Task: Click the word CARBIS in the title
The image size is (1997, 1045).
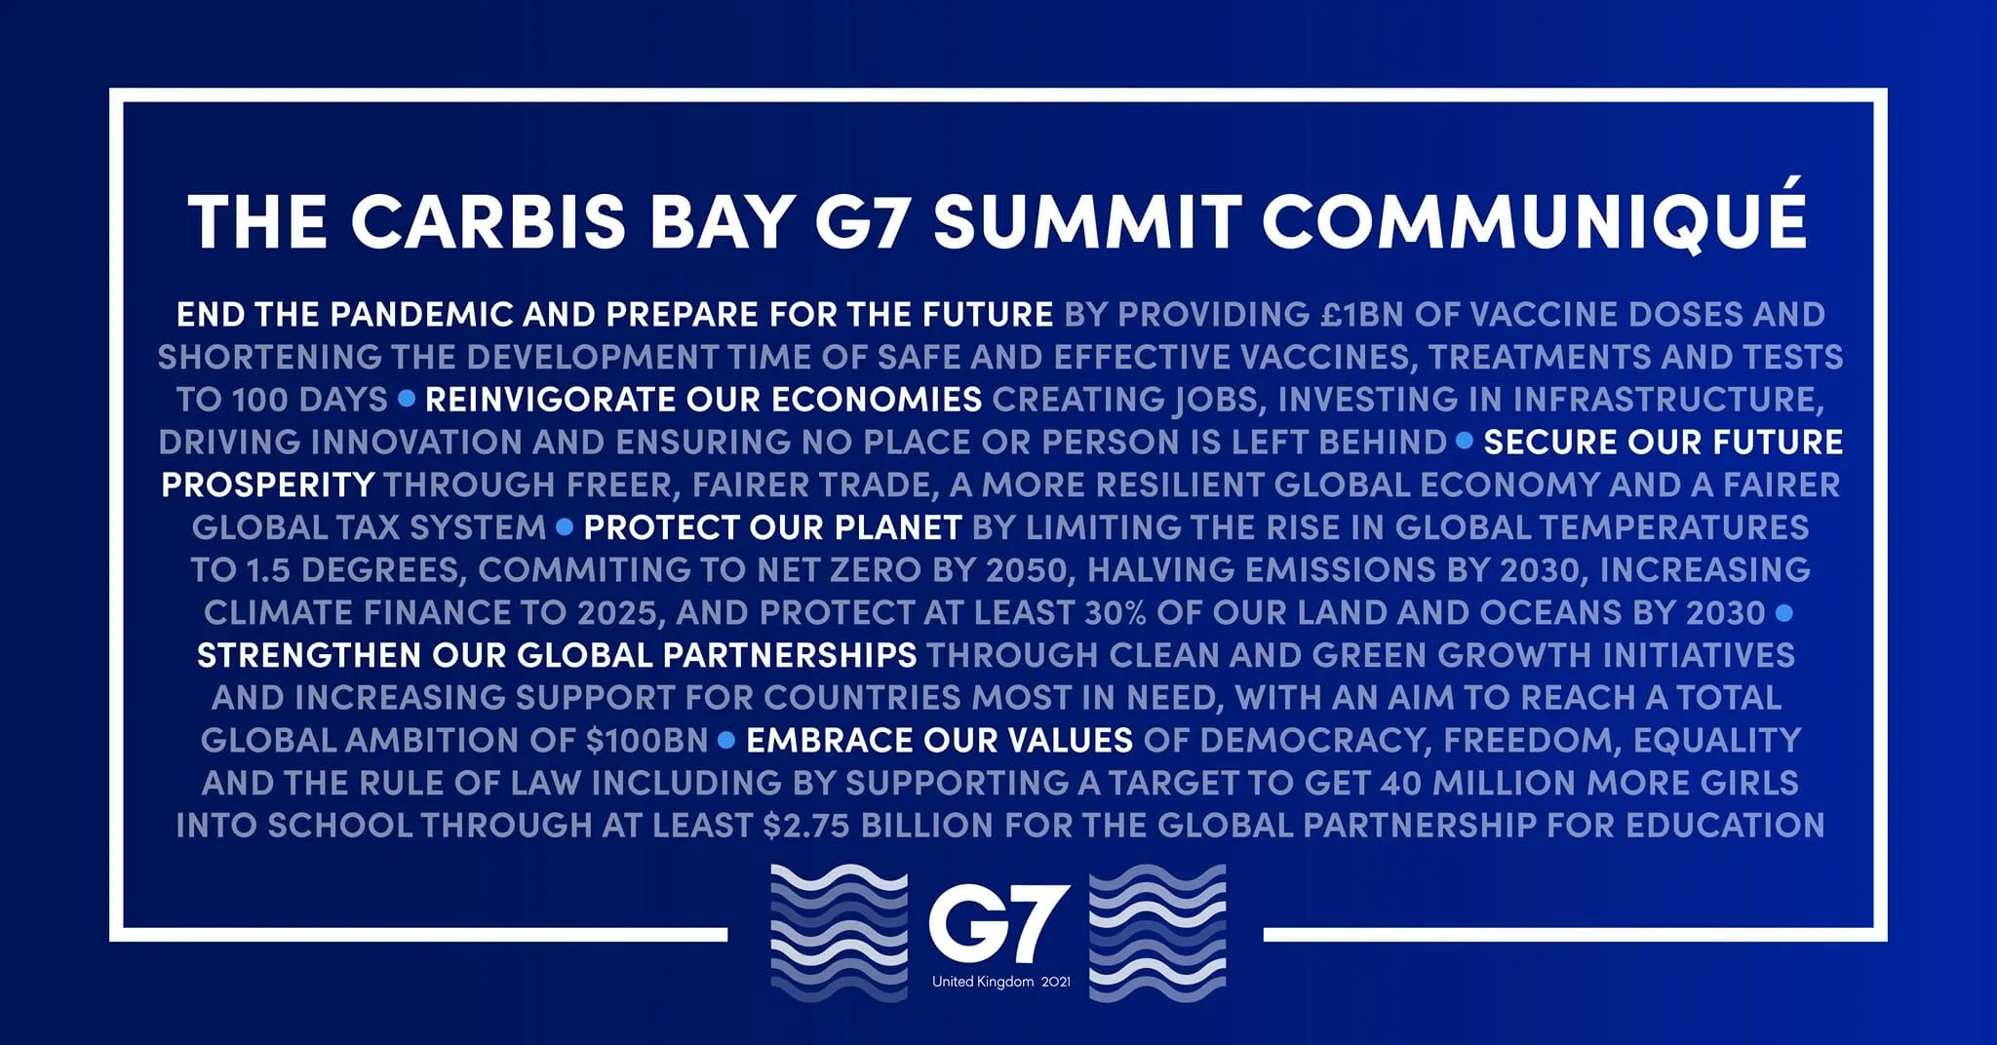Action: click(x=489, y=222)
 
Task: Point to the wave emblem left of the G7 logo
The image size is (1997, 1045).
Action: click(x=840, y=932)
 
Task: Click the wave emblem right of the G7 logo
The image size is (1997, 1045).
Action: click(x=1156, y=932)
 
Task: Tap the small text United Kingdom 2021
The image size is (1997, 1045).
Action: click(x=1000, y=982)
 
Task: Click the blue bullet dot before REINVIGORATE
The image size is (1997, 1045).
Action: click(x=407, y=399)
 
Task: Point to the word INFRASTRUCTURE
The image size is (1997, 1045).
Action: click(x=1666, y=400)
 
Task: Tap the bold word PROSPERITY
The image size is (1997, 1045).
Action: click(x=268, y=484)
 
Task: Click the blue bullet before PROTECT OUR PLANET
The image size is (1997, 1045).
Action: click(x=564, y=527)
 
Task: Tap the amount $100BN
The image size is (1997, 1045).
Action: click(x=647, y=741)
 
